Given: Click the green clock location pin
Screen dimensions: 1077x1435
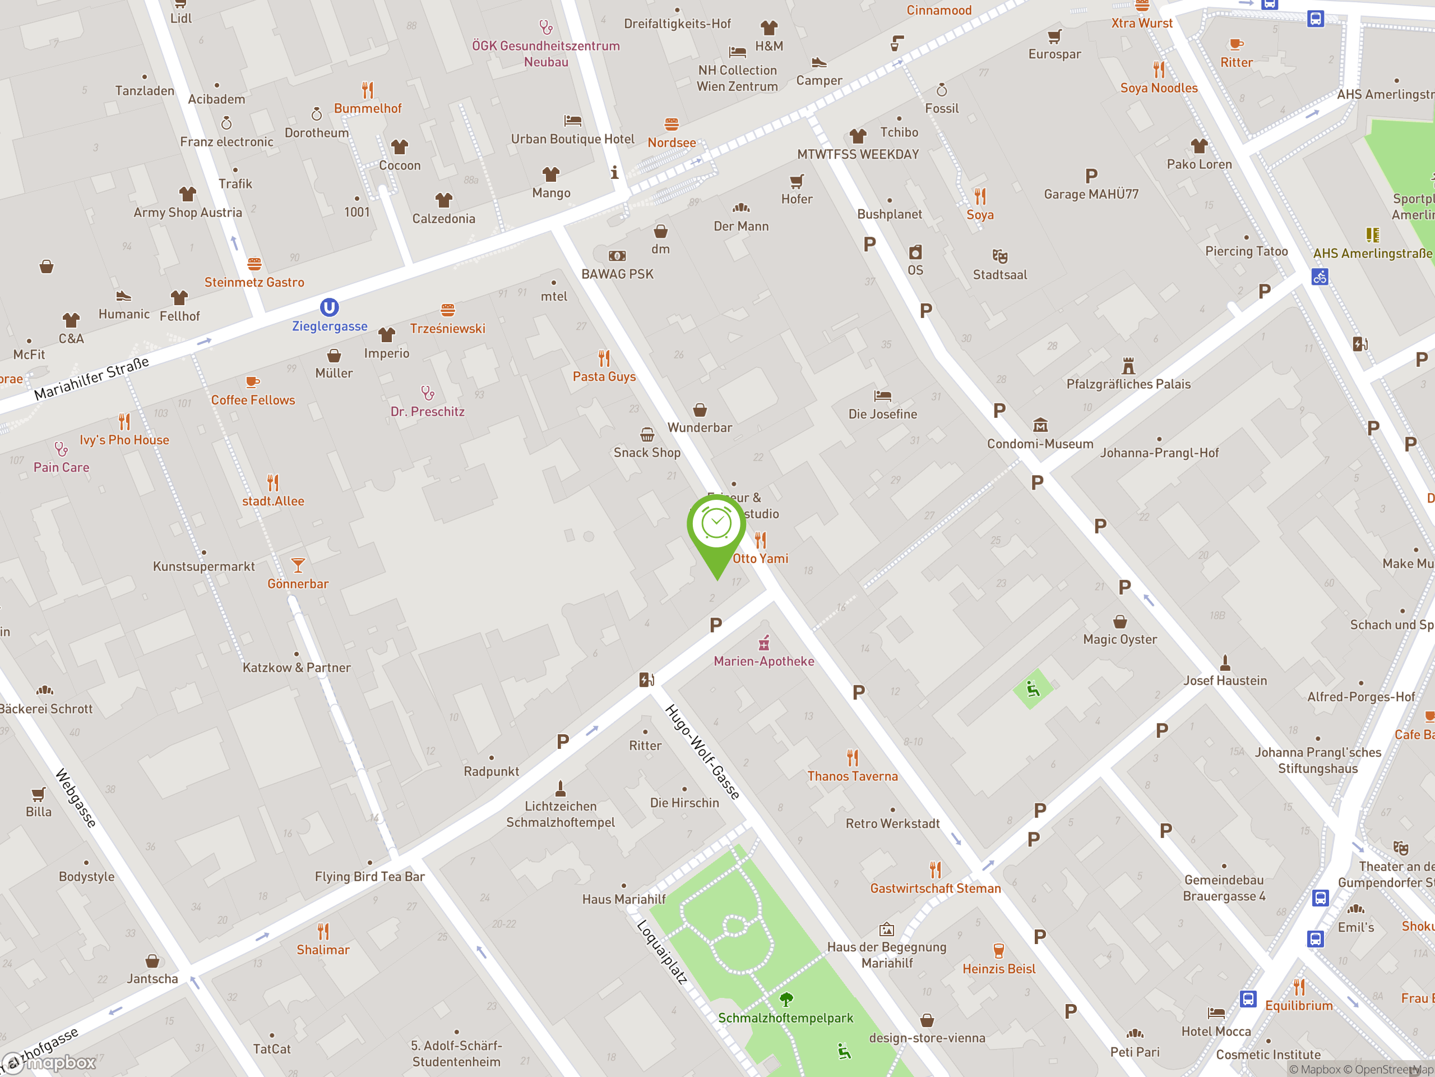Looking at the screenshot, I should pyautogui.click(x=716, y=526).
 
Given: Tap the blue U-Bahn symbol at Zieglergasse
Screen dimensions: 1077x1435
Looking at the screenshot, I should pyautogui.click(x=330, y=307).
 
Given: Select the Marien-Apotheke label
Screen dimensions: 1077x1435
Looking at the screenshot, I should pyautogui.click(x=763, y=661).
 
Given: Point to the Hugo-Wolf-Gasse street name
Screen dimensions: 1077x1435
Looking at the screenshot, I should pyautogui.click(x=702, y=751).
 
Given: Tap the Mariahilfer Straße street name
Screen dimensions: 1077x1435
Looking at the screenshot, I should pyautogui.click(x=91, y=379).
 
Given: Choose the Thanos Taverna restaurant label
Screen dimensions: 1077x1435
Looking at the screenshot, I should pyautogui.click(x=853, y=776).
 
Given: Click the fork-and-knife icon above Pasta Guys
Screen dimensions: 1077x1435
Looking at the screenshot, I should pyautogui.click(x=604, y=358).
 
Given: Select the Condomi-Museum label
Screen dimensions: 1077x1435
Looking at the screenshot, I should pyautogui.click(x=1040, y=444).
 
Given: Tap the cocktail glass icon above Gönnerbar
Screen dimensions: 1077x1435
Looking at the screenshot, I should pyautogui.click(x=298, y=565).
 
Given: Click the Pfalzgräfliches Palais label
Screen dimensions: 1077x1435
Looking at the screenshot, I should pyautogui.click(x=1128, y=384).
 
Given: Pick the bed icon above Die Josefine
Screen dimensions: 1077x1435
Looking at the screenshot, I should pyautogui.click(x=882, y=395).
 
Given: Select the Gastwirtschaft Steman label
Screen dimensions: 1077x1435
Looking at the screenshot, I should pyautogui.click(x=935, y=888).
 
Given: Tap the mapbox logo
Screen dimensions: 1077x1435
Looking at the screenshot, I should pyautogui.click(x=50, y=1063).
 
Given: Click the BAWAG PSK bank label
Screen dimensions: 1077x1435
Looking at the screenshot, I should pyautogui.click(x=617, y=274).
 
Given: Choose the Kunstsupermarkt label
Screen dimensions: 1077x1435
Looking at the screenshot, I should pyautogui.click(x=203, y=566).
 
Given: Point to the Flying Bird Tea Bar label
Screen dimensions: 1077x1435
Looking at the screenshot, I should pyautogui.click(x=370, y=876).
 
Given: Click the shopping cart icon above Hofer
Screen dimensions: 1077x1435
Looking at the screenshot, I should pyautogui.click(x=797, y=181).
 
